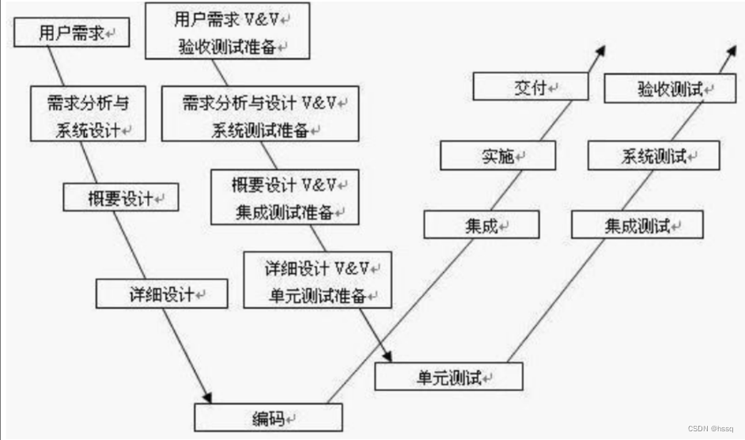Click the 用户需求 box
(72, 32)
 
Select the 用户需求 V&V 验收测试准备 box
(228, 31)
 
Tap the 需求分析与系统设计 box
(88, 114)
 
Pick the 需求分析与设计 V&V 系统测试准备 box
(260, 114)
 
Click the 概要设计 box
(121, 197)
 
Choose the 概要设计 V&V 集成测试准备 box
(285, 197)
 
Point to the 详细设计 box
(161, 294)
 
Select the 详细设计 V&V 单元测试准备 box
(317, 280)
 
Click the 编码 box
(268, 418)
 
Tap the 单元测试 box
(449, 377)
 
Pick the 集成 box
(482, 225)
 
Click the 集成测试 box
(637, 225)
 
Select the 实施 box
(498, 156)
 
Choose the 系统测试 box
(654, 156)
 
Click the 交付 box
(531, 86)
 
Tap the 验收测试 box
(670, 88)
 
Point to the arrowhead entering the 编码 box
(207, 398)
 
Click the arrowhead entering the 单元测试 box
(388, 356)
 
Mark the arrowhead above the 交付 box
(601, 51)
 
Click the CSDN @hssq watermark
(710, 429)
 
